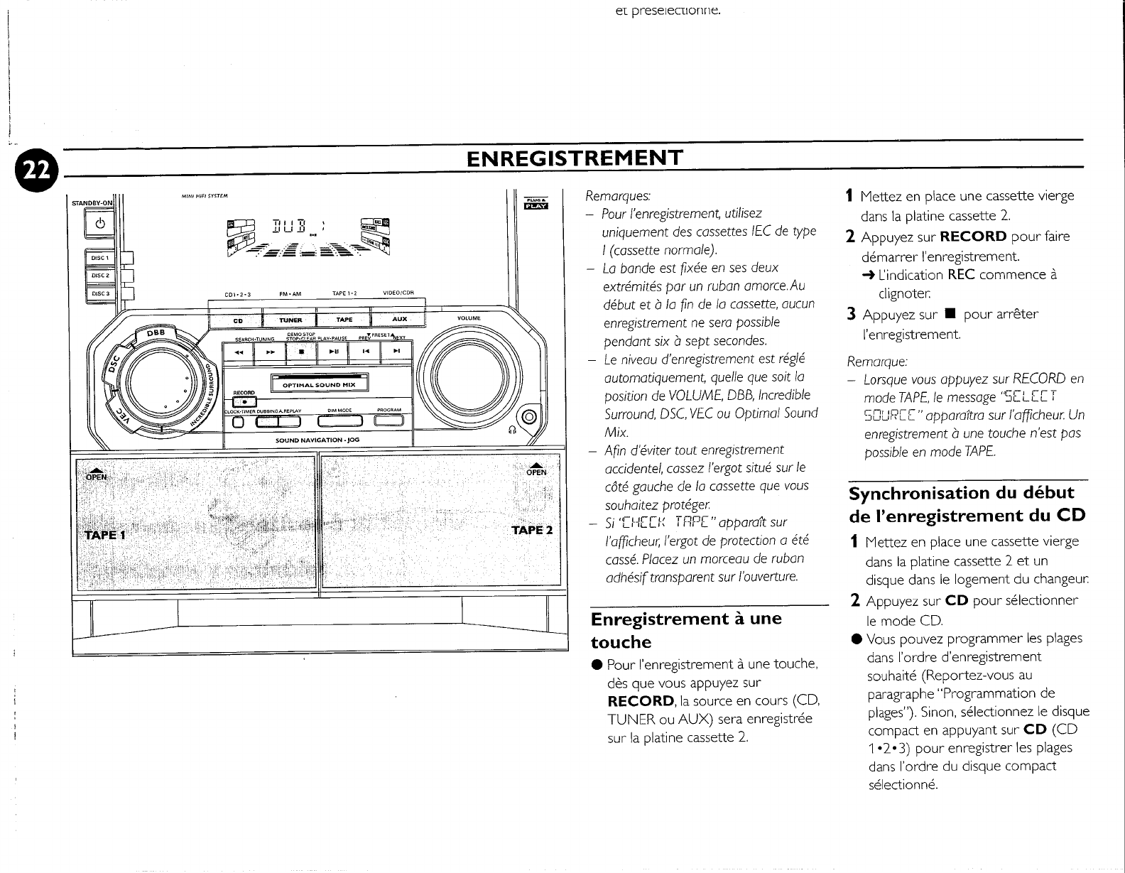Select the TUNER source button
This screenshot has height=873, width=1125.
[x=290, y=320]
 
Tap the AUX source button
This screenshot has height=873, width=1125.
[x=399, y=320]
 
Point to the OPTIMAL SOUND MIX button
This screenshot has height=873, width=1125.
[x=319, y=384]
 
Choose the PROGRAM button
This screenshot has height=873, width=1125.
[x=389, y=421]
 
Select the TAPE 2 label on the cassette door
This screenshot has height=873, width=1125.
[x=531, y=530]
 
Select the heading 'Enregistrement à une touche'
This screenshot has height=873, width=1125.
[x=685, y=629]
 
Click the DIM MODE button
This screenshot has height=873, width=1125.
[x=340, y=421]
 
